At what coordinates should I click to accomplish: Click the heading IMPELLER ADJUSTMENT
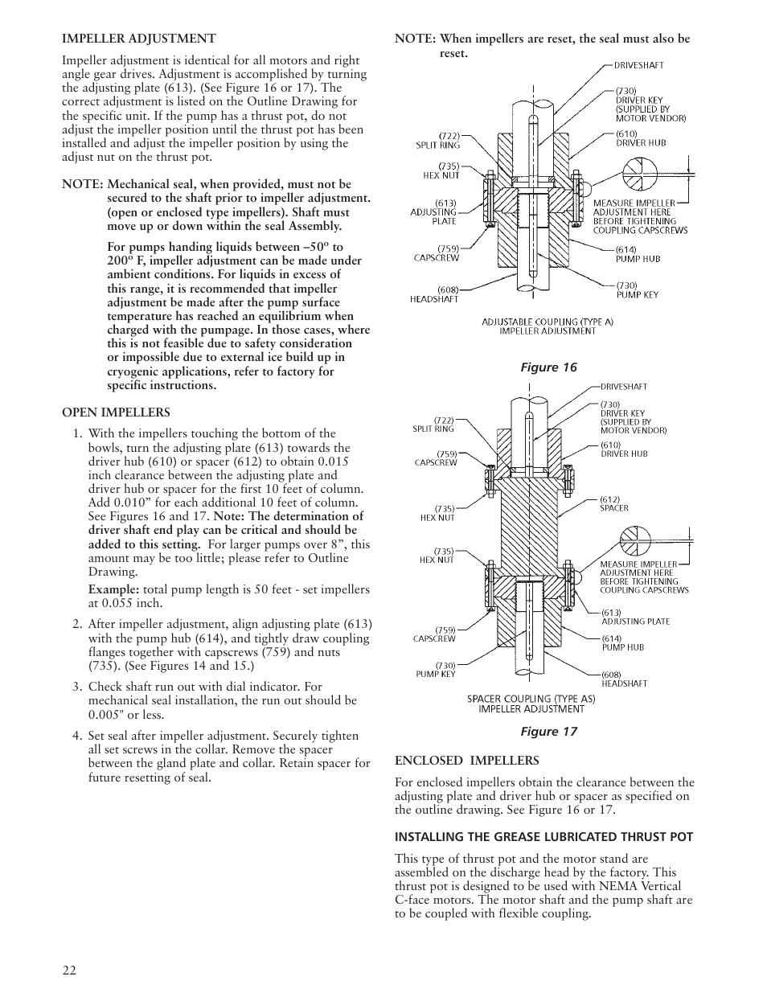pos(139,39)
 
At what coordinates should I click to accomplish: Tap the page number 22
pos(69,970)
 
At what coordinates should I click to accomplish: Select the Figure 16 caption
pos(548,367)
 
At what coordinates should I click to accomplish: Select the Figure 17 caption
pos(548,731)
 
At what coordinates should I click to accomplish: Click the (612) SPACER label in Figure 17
pos(614,503)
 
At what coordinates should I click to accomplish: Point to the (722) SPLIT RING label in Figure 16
pos(437,140)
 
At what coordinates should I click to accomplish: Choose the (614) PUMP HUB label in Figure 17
pos(622,642)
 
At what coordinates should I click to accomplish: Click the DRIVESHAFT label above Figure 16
pos(639,65)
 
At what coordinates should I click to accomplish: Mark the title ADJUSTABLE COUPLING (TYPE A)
pos(548,322)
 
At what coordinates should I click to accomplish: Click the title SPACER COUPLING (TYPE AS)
pos(531,699)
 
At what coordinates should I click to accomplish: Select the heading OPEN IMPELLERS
pos(117,412)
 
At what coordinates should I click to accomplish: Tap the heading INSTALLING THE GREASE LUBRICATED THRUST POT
pos(543,837)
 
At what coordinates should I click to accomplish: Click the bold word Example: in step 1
pos(113,589)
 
